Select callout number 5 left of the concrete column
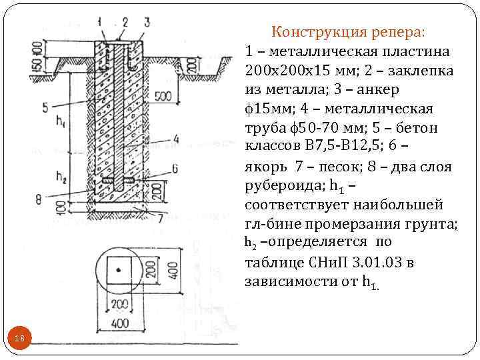[44, 106]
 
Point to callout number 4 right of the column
[175, 139]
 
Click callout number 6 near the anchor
[174, 167]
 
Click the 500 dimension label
[163, 97]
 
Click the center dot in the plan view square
[119, 269]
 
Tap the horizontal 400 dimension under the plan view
[119, 324]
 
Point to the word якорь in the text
[266, 166]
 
